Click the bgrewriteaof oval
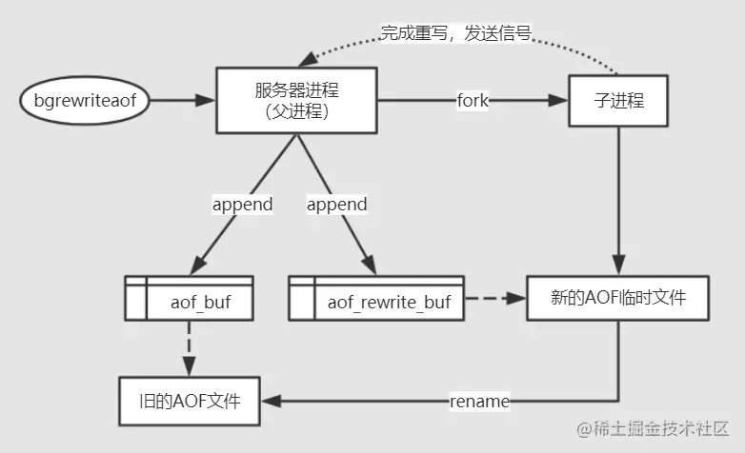pos(86,100)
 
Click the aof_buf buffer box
pos(190,298)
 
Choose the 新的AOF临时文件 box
pos(618,298)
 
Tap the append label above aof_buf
pos(242,204)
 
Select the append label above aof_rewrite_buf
pos(337,204)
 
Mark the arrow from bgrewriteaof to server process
pos(181,100)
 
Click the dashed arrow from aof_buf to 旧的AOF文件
pos(190,347)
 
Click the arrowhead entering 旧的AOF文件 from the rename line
pos(272,401)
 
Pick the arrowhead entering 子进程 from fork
pos(560,100)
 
